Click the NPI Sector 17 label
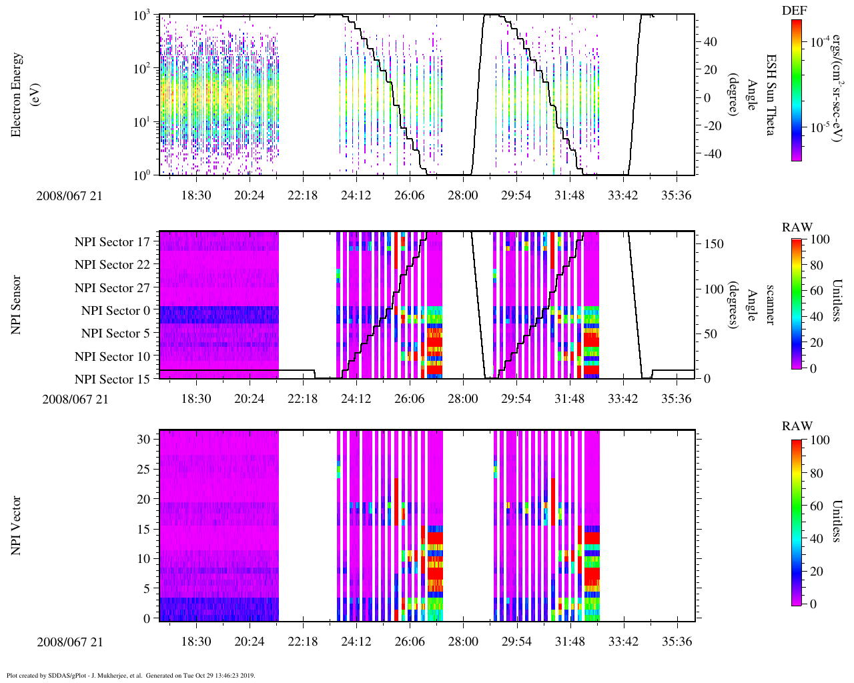[x=113, y=242]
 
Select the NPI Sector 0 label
[x=116, y=311]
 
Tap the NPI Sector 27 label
[x=113, y=288]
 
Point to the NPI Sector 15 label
[x=113, y=380]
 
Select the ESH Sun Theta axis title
[x=769, y=95]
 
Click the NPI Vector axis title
[x=16, y=526]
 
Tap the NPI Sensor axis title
[x=16, y=305]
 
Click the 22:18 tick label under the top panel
[x=302, y=195]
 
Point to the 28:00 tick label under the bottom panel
[x=462, y=642]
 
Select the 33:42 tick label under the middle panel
[x=622, y=399]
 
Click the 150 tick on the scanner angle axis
[x=714, y=244]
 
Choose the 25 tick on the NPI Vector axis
[x=143, y=470]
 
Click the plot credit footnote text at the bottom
[x=131, y=675]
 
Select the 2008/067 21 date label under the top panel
[x=70, y=195]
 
